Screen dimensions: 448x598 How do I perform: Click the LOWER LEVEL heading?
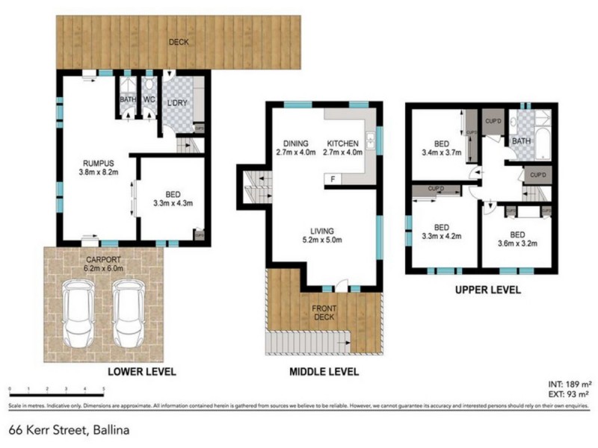tap(142, 371)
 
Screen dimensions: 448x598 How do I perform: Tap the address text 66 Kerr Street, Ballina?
tap(64, 429)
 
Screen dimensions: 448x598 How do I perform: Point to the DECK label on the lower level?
tap(178, 42)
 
